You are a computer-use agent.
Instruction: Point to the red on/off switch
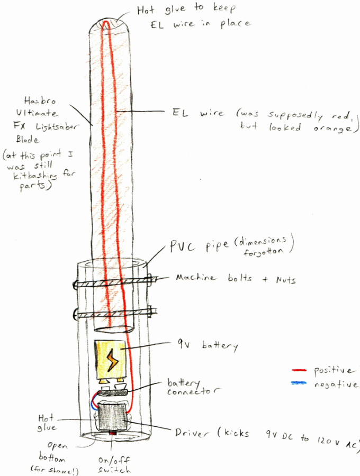coord(112,435)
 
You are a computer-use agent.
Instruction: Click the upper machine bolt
coord(112,283)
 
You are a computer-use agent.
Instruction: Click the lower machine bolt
coord(112,315)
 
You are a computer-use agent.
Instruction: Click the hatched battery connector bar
coord(111,393)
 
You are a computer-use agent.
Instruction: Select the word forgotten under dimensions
coord(265,253)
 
